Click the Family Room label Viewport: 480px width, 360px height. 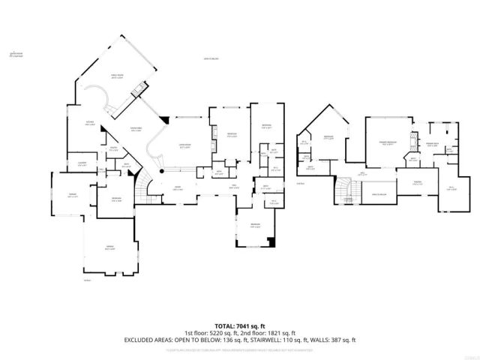117,76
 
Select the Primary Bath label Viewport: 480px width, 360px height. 432,145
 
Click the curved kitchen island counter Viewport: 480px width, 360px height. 101,100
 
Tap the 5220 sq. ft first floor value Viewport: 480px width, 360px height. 222,332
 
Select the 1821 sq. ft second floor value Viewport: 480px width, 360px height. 280,332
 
